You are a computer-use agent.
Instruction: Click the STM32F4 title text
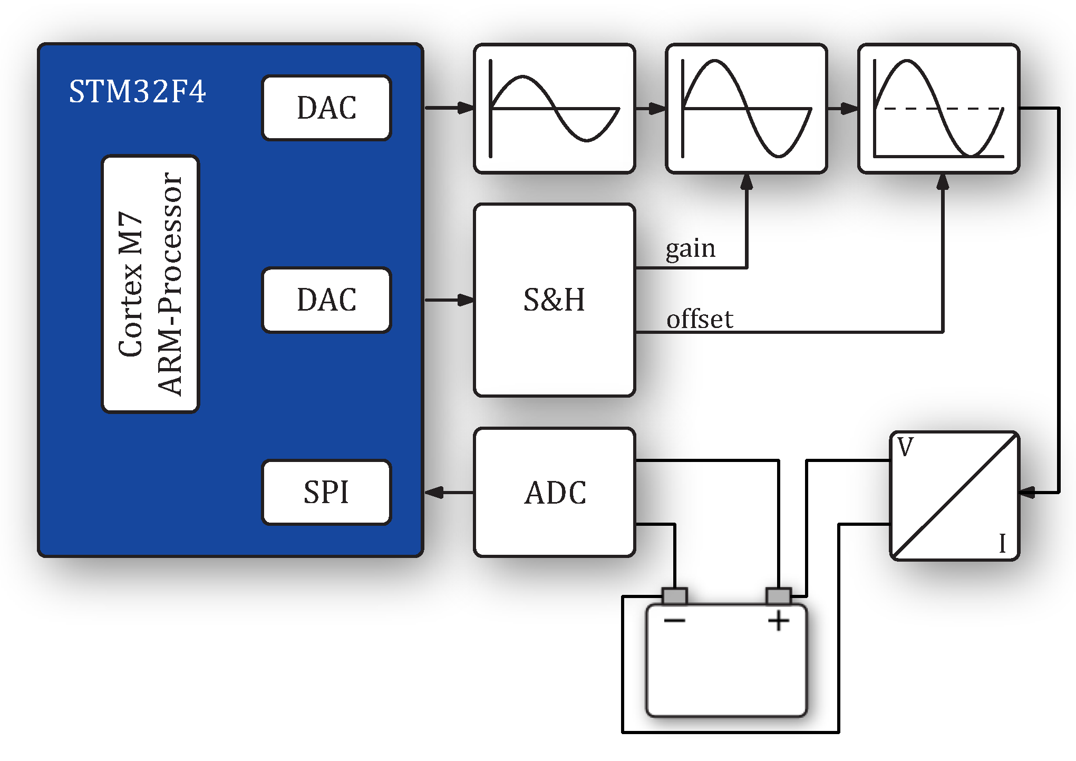coord(137,92)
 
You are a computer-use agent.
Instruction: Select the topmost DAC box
coord(326,108)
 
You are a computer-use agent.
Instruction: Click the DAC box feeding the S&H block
coord(326,300)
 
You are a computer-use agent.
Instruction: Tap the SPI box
coord(326,492)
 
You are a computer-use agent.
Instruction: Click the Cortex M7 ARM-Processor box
coord(150,284)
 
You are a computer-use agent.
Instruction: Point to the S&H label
coord(554,300)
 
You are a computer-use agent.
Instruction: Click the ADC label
coord(555,493)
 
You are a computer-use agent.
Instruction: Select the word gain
coord(690,249)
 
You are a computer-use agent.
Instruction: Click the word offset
coord(700,320)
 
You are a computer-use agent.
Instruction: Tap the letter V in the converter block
coord(905,447)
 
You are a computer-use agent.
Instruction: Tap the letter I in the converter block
coord(1002,543)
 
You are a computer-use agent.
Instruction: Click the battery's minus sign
coord(674,620)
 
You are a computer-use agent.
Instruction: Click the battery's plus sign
coord(778,620)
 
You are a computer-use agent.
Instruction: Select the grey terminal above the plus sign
coord(778,596)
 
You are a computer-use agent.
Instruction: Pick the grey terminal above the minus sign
coord(674,596)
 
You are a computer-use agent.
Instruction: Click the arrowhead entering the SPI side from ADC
coord(434,493)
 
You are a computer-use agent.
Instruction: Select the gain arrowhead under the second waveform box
coord(747,182)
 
